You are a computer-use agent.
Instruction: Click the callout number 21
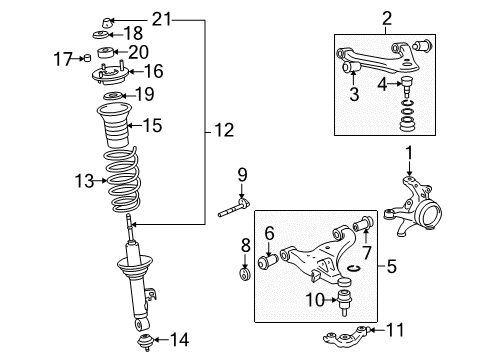point(162,17)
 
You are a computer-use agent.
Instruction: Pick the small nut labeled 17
point(84,59)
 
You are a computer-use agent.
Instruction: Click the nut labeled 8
point(243,271)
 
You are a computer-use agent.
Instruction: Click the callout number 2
point(386,16)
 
